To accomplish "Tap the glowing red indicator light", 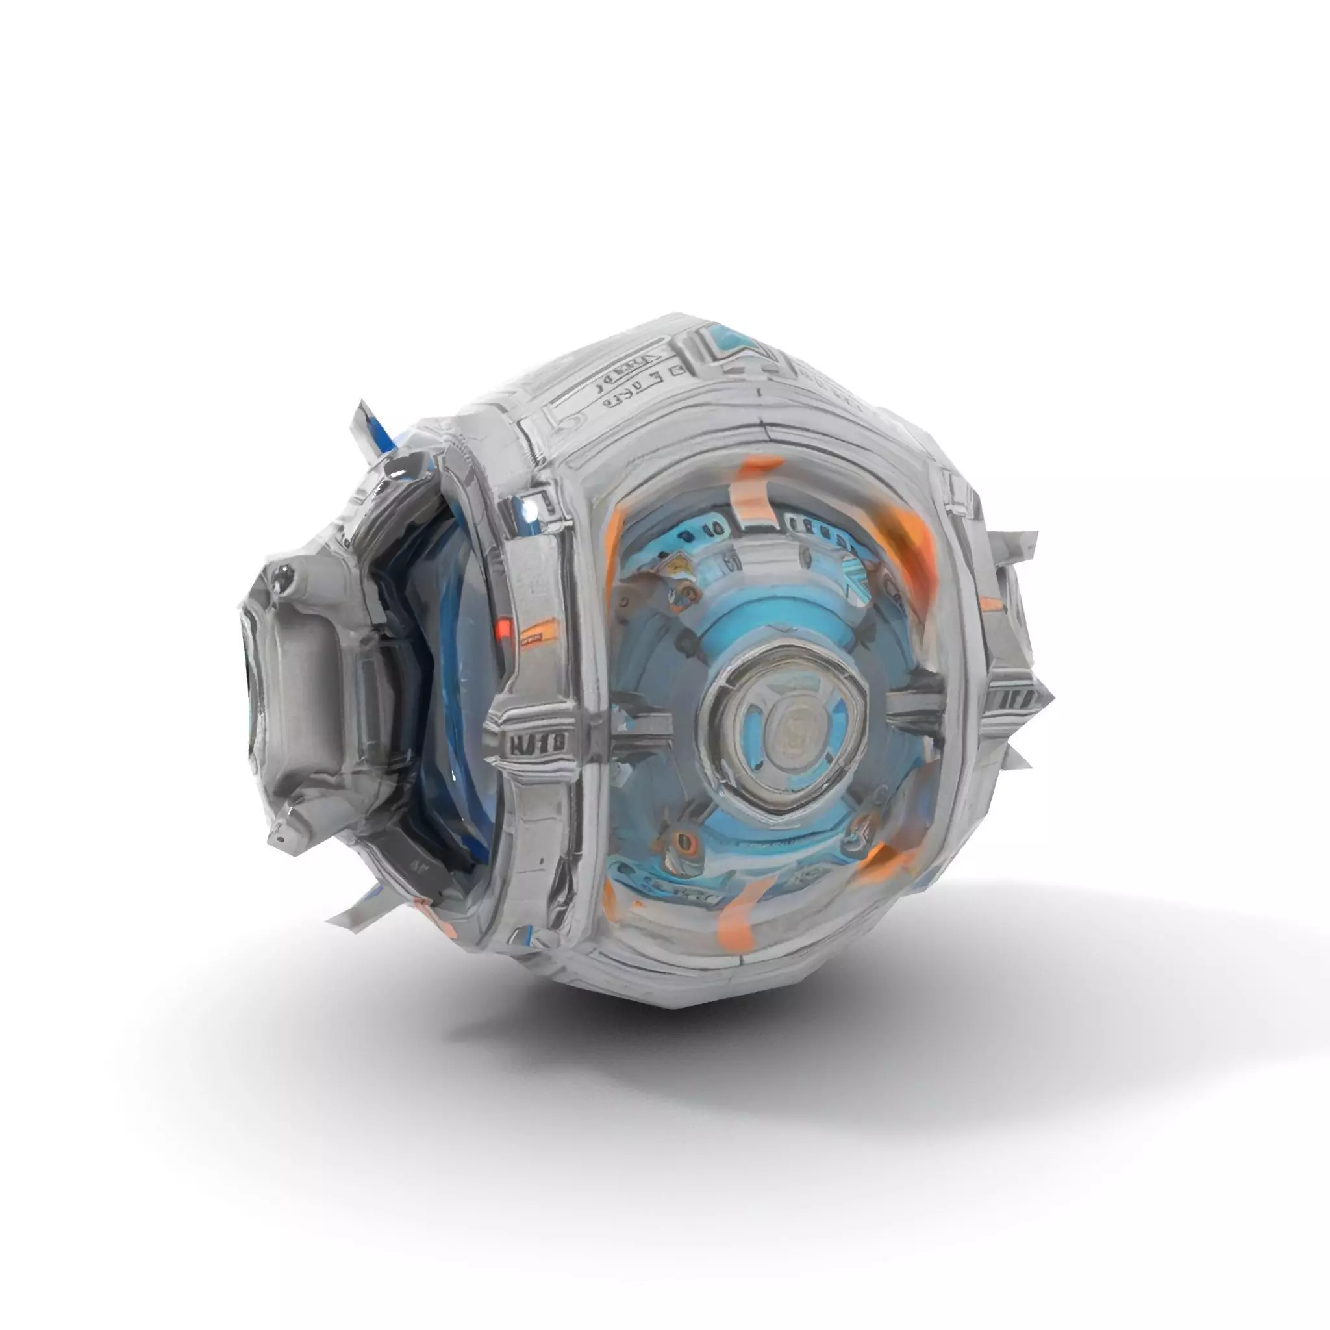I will (x=504, y=627).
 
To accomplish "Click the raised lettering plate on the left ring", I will (x=537, y=742).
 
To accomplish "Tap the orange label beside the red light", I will (x=537, y=631).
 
